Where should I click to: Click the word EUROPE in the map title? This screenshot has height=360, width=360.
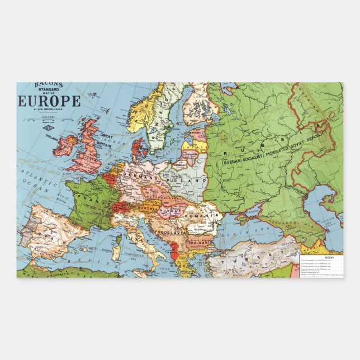coord(50,101)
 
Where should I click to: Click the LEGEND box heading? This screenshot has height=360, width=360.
coord(329,258)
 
